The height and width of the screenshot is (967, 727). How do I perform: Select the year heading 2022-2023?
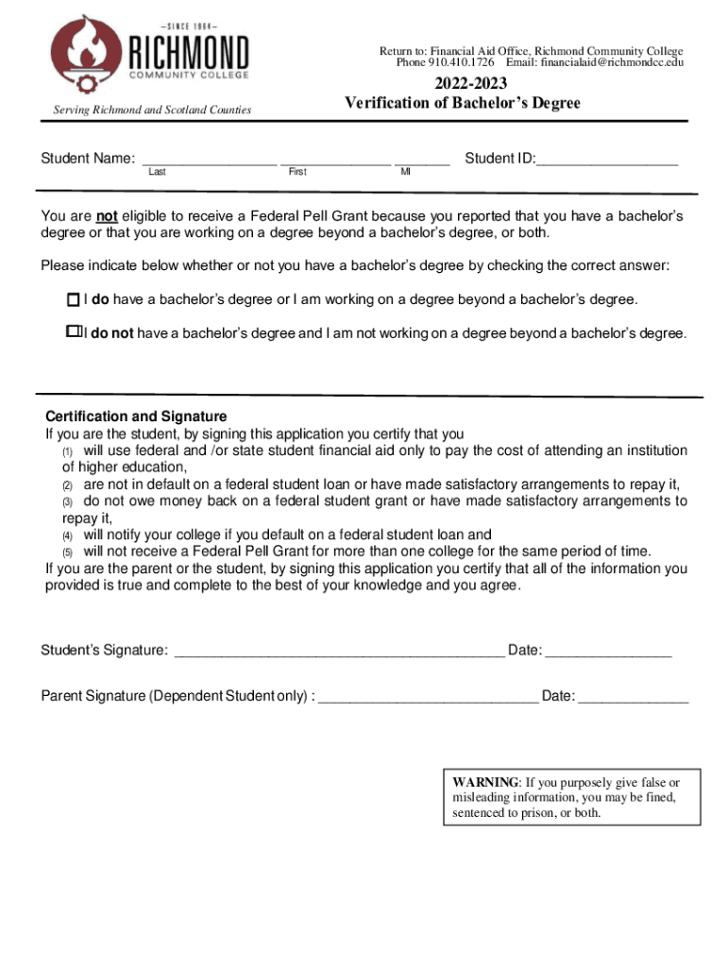(x=463, y=85)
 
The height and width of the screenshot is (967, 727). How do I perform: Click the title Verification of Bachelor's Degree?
(x=463, y=103)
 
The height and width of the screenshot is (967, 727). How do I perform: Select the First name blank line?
(x=334, y=161)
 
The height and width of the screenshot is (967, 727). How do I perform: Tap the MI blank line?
(x=422, y=161)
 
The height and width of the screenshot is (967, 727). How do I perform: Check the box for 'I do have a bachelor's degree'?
(x=73, y=300)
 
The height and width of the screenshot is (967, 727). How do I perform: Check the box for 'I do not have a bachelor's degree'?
(x=73, y=333)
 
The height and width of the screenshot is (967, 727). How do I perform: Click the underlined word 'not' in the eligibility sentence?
(x=107, y=215)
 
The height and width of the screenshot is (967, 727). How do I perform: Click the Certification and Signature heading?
(x=136, y=416)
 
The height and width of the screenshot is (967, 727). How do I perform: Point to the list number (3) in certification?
(x=67, y=501)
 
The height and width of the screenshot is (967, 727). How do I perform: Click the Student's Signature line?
(x=340, y=652)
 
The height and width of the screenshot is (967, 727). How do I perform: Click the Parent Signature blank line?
(x=429, y=698)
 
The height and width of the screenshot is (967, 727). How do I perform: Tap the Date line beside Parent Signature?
(x=633, y=698)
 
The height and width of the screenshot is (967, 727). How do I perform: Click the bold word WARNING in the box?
(x=485, y=782)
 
